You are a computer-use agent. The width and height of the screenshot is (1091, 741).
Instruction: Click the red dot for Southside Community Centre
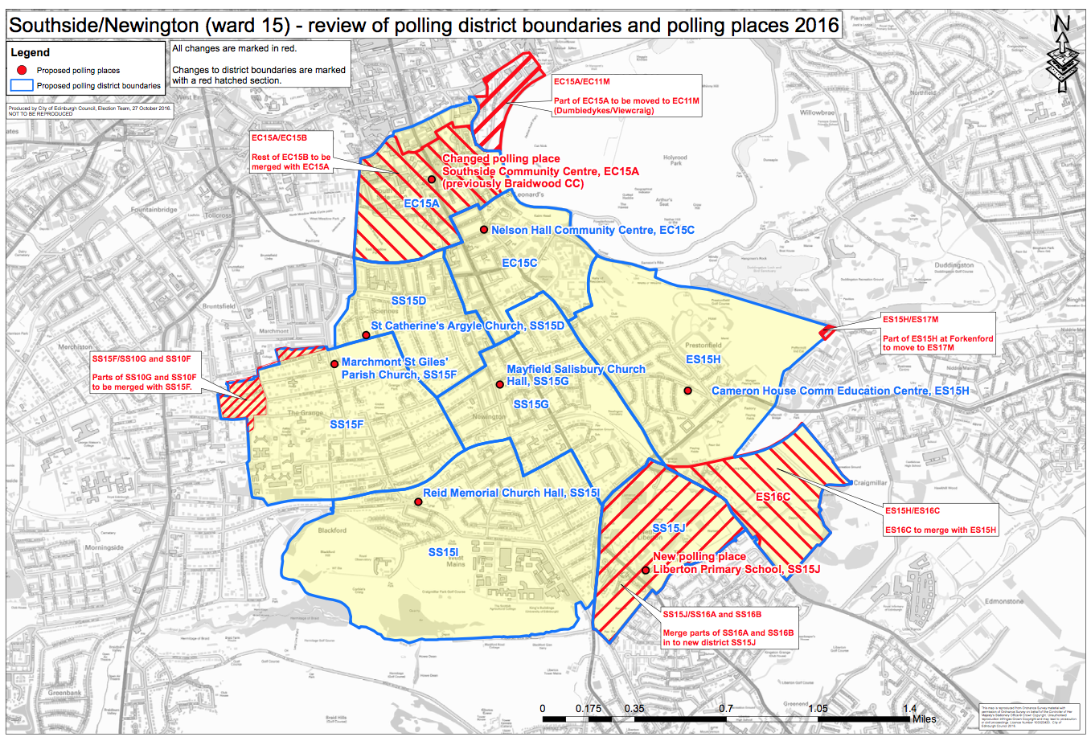click(x=432, y=179)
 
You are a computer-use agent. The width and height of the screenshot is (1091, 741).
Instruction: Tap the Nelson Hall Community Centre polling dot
click(x=484, y=230)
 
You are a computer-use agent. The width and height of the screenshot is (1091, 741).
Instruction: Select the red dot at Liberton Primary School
click(x=646, y=570)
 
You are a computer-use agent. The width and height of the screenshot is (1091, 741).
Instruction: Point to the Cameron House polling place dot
click(x=688, y=391)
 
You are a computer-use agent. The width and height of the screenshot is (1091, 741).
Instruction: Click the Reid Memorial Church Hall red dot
click(x=418, y=502)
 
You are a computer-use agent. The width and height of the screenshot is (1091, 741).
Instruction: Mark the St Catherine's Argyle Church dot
click(x=366, y=335)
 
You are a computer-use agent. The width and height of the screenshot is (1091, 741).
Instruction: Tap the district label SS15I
click(x=443, y=552)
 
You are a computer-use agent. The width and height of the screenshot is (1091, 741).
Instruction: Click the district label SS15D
click(x=408, y=301)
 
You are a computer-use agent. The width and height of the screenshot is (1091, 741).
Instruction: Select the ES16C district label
click(x=773, y=497)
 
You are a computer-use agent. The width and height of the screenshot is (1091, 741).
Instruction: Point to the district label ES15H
click(x=703, y=359)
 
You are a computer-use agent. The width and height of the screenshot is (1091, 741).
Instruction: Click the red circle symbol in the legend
click(x=23, y=70)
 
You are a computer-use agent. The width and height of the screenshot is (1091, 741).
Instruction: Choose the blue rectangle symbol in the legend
click(x=23, y=85)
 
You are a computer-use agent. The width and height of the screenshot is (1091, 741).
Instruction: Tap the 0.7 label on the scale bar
click(x=725, y=709)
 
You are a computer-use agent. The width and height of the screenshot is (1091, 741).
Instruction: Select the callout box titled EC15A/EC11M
click(x=626, y=96)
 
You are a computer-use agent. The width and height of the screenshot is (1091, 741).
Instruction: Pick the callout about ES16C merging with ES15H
click(x=940, y=520)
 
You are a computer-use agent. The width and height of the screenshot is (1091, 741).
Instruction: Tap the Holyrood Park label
click(x=675, y=160)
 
